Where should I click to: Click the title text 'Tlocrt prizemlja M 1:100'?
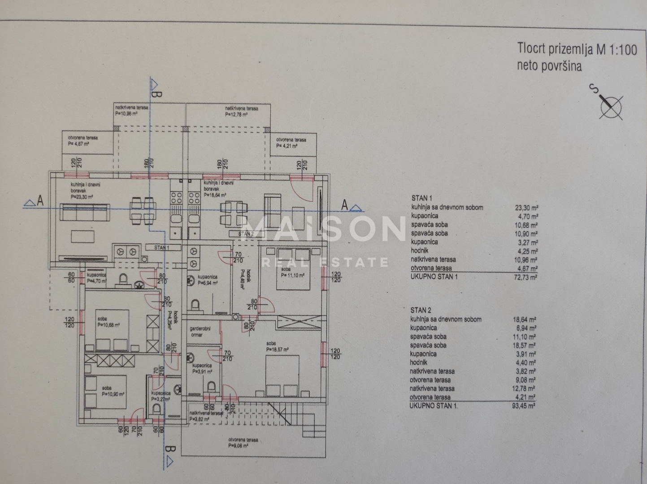[x=577, y=49]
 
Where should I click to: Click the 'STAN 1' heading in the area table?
[x=421, y=198]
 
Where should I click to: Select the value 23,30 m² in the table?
[x=525, y=208]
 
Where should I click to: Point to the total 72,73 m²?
[x=525, y=277]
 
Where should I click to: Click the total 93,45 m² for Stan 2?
[x=524, y=406]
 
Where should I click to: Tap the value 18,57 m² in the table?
[x=525, y=345]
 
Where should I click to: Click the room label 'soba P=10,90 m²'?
[x=113, y=391]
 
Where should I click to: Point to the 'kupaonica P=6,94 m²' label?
[x=208, y=280]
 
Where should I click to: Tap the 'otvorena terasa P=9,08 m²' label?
[x=243, y=442]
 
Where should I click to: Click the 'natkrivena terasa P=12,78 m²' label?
[x=241, y=111]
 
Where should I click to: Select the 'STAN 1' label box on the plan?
[x=162, y=247]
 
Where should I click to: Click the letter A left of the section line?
[x=40, y=202]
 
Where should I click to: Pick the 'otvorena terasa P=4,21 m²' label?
[x=291, y=143]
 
